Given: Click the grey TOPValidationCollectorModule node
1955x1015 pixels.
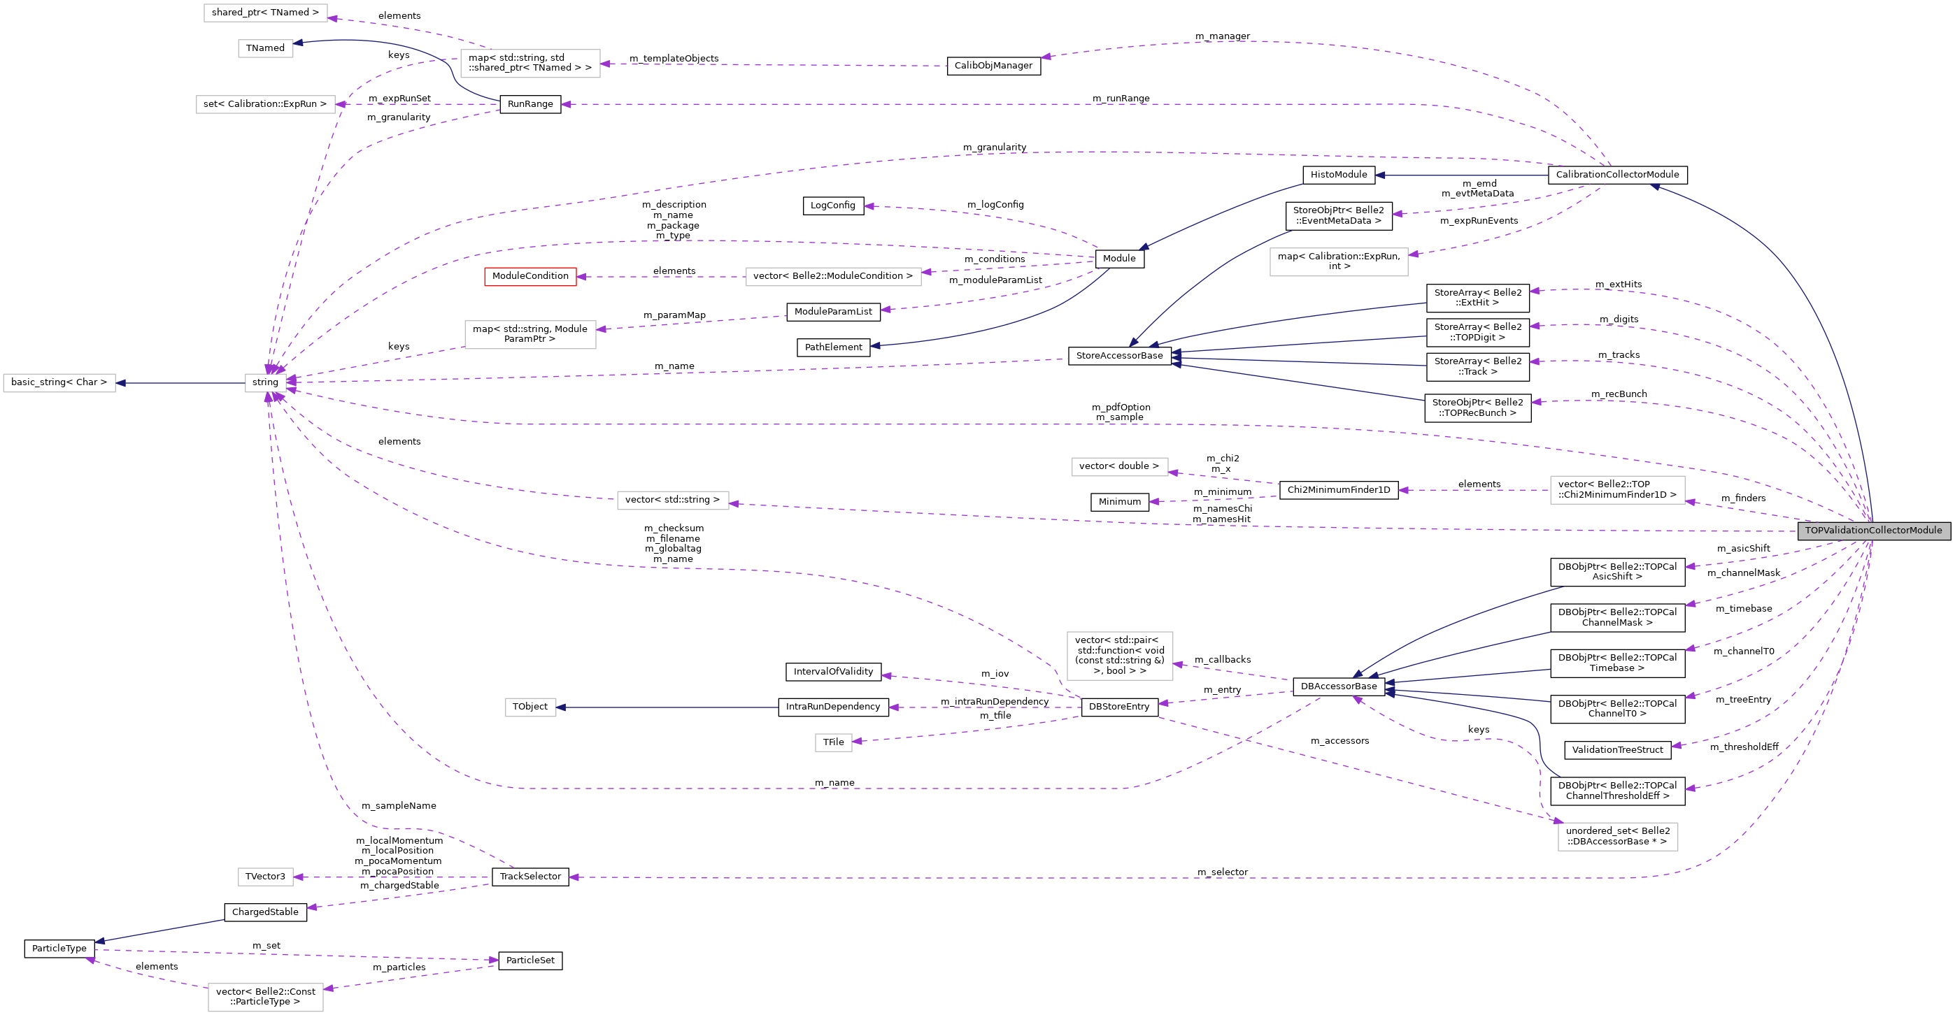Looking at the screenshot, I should point(1873,531).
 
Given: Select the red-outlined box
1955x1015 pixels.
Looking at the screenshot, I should point(529,277).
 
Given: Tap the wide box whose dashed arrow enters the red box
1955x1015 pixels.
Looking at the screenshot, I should point(833,277).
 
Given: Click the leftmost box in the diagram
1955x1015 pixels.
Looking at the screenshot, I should point(59,383).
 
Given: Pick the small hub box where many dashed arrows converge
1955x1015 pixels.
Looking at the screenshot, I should point(266,383).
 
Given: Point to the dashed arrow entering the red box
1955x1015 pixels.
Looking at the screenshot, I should point(660,277).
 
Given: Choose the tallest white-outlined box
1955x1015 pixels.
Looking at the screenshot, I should point(1119,656).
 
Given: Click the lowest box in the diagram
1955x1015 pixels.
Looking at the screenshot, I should point(266,997).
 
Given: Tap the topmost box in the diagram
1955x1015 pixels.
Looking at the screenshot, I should point(266,13).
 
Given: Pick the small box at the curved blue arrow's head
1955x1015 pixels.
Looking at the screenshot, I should point(266,48).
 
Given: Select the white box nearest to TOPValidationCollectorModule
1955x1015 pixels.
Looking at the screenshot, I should point(1617,490).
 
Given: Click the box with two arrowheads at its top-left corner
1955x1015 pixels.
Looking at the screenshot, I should point(1617,837).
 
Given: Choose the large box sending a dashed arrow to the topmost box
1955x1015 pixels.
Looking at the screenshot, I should point(529,64).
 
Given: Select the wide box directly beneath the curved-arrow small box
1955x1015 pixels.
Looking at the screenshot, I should point(266,105).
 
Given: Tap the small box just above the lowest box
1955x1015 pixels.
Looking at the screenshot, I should point(266,877).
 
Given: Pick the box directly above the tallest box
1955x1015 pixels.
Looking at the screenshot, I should point(1119,466).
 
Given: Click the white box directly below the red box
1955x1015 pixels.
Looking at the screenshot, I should point(529,335).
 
